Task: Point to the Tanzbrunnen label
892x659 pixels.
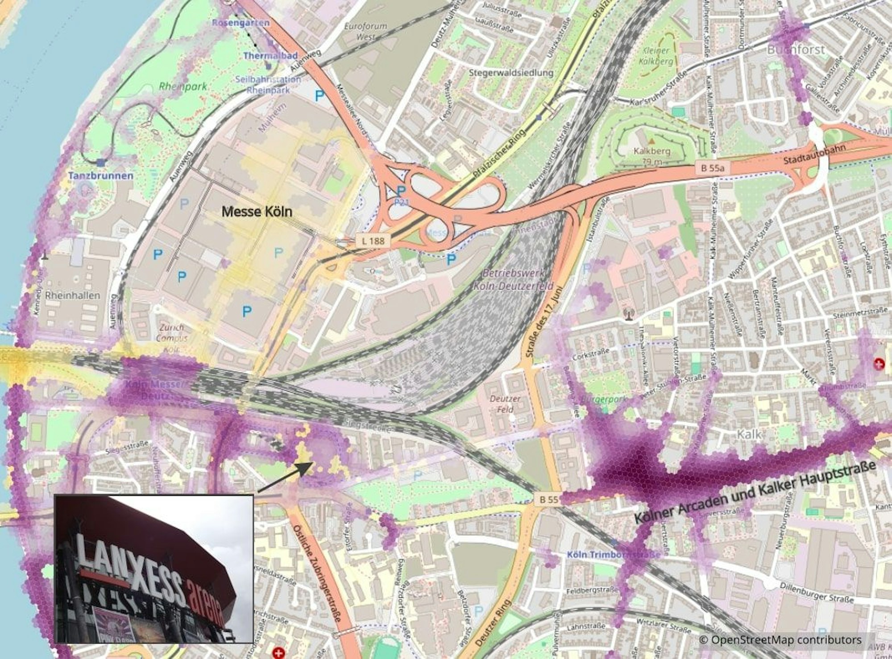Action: click(x=100, y=176)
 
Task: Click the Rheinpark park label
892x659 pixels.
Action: click(x=183, y=86)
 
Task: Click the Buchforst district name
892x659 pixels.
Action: click(x=796, y=50)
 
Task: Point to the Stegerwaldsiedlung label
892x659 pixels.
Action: click(x=512, y=72)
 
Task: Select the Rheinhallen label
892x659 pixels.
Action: click(x=72, y=295)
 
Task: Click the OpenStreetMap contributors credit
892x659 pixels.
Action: click(x=780, y=640)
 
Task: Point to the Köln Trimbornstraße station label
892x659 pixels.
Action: click(x=614, y=555)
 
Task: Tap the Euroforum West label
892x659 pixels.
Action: click(x=365, y=32)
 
